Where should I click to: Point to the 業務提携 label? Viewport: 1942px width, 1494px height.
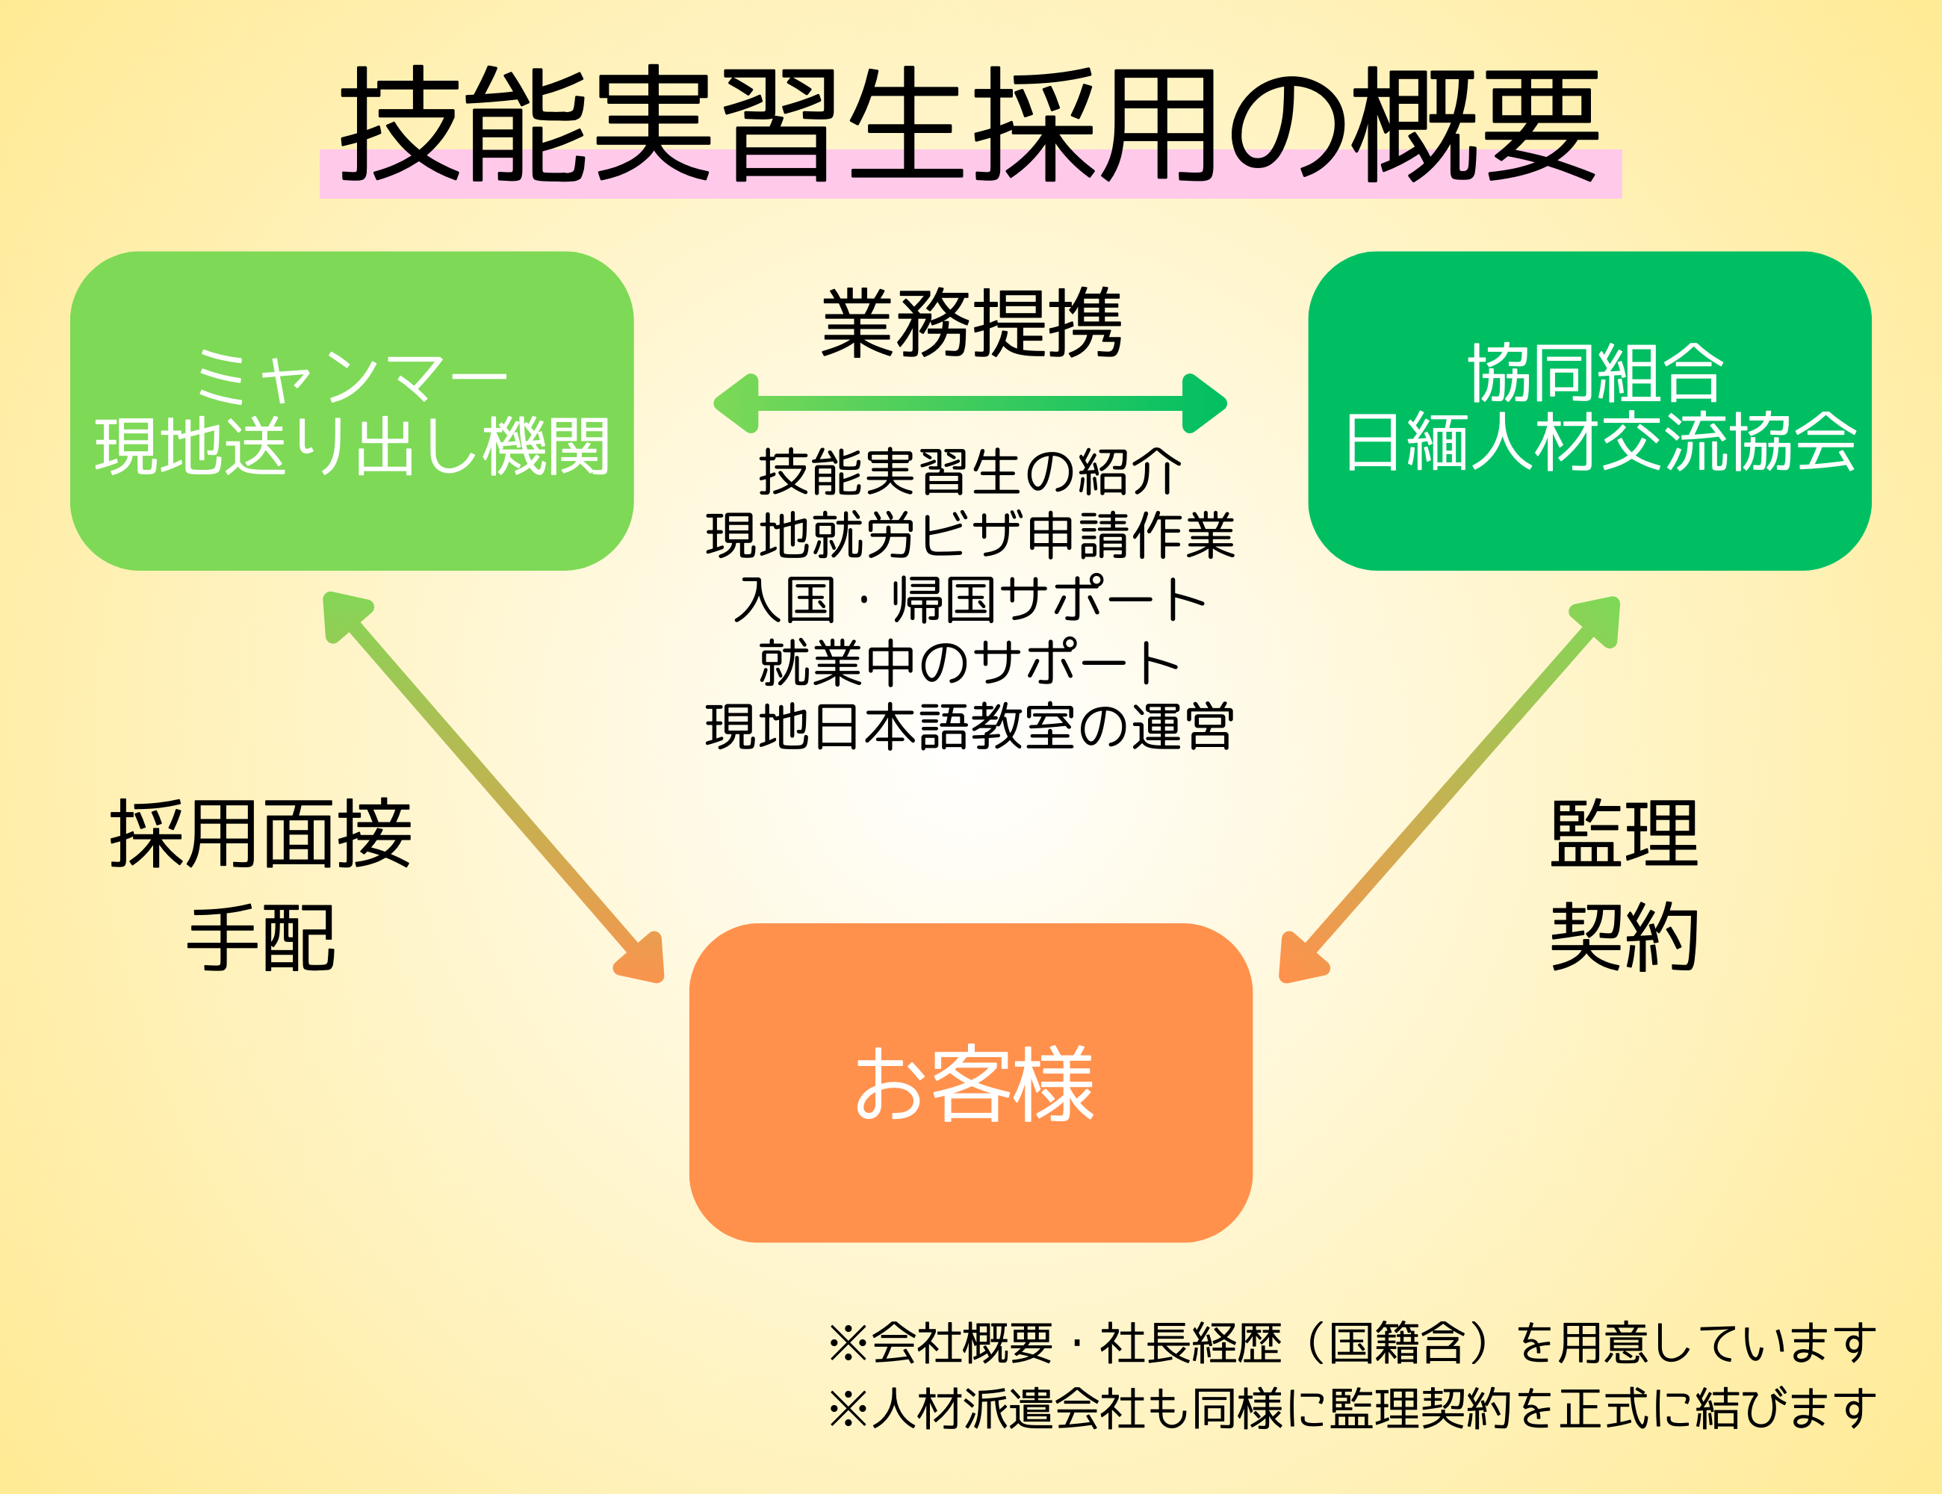971,323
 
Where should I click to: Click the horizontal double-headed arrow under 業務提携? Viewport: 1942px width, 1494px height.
970,403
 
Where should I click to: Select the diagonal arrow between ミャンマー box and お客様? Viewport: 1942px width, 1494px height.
494,787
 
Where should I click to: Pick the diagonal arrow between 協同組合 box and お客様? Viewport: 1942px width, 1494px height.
1449,789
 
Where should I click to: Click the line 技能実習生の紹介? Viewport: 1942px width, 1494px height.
970,471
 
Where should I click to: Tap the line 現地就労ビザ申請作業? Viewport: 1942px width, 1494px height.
970,536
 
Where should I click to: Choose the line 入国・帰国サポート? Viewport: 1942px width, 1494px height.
970,599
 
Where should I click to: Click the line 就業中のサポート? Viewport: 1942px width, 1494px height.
970,663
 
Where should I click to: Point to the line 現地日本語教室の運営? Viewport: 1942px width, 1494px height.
970,728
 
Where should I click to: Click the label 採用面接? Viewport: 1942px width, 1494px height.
261,834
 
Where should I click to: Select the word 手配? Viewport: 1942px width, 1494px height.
261,939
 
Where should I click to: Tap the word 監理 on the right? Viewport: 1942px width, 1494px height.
1624,834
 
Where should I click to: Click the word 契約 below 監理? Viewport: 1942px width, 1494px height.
1624,937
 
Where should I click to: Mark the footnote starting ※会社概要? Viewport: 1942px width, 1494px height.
1352,1343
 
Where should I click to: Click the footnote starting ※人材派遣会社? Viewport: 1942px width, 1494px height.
1352,1409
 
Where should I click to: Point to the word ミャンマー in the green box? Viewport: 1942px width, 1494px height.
351,375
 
